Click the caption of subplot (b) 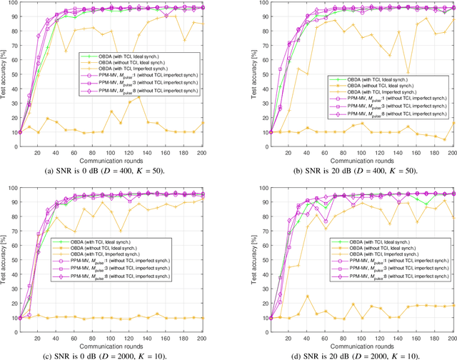pyautogui.click(x=342, y=171)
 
